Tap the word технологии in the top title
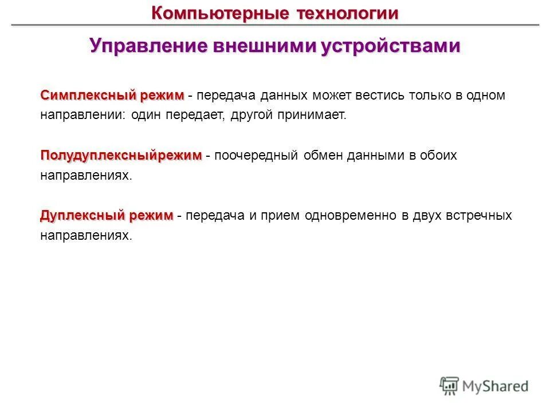347,13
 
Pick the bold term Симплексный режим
112,95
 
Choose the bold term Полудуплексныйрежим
121,156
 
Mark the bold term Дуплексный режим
107,216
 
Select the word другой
250,115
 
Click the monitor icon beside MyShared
450,386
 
